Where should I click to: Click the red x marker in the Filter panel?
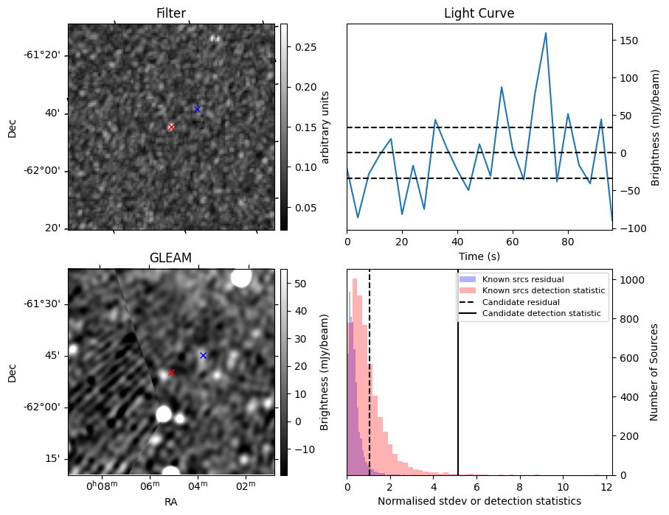tap(171, 127)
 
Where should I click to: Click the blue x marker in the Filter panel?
tap(197, 109)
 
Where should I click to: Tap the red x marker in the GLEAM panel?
tap(171, 372)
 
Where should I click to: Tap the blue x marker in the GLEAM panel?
tap(203, 355)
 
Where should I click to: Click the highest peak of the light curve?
tap(546, 33)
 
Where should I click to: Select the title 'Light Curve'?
tap(479, 13)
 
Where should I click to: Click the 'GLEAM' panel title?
tap(170, 258)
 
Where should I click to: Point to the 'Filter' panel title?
tap(171, 13)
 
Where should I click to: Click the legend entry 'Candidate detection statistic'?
tap(541, 315)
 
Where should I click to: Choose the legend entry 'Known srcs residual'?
tap(523, 280)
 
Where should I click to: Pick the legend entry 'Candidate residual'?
tap(520, 303)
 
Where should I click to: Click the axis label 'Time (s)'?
tap(479, 255)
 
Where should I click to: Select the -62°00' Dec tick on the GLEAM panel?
tap(44, 407)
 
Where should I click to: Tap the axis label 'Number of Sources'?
tap(654, 372)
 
